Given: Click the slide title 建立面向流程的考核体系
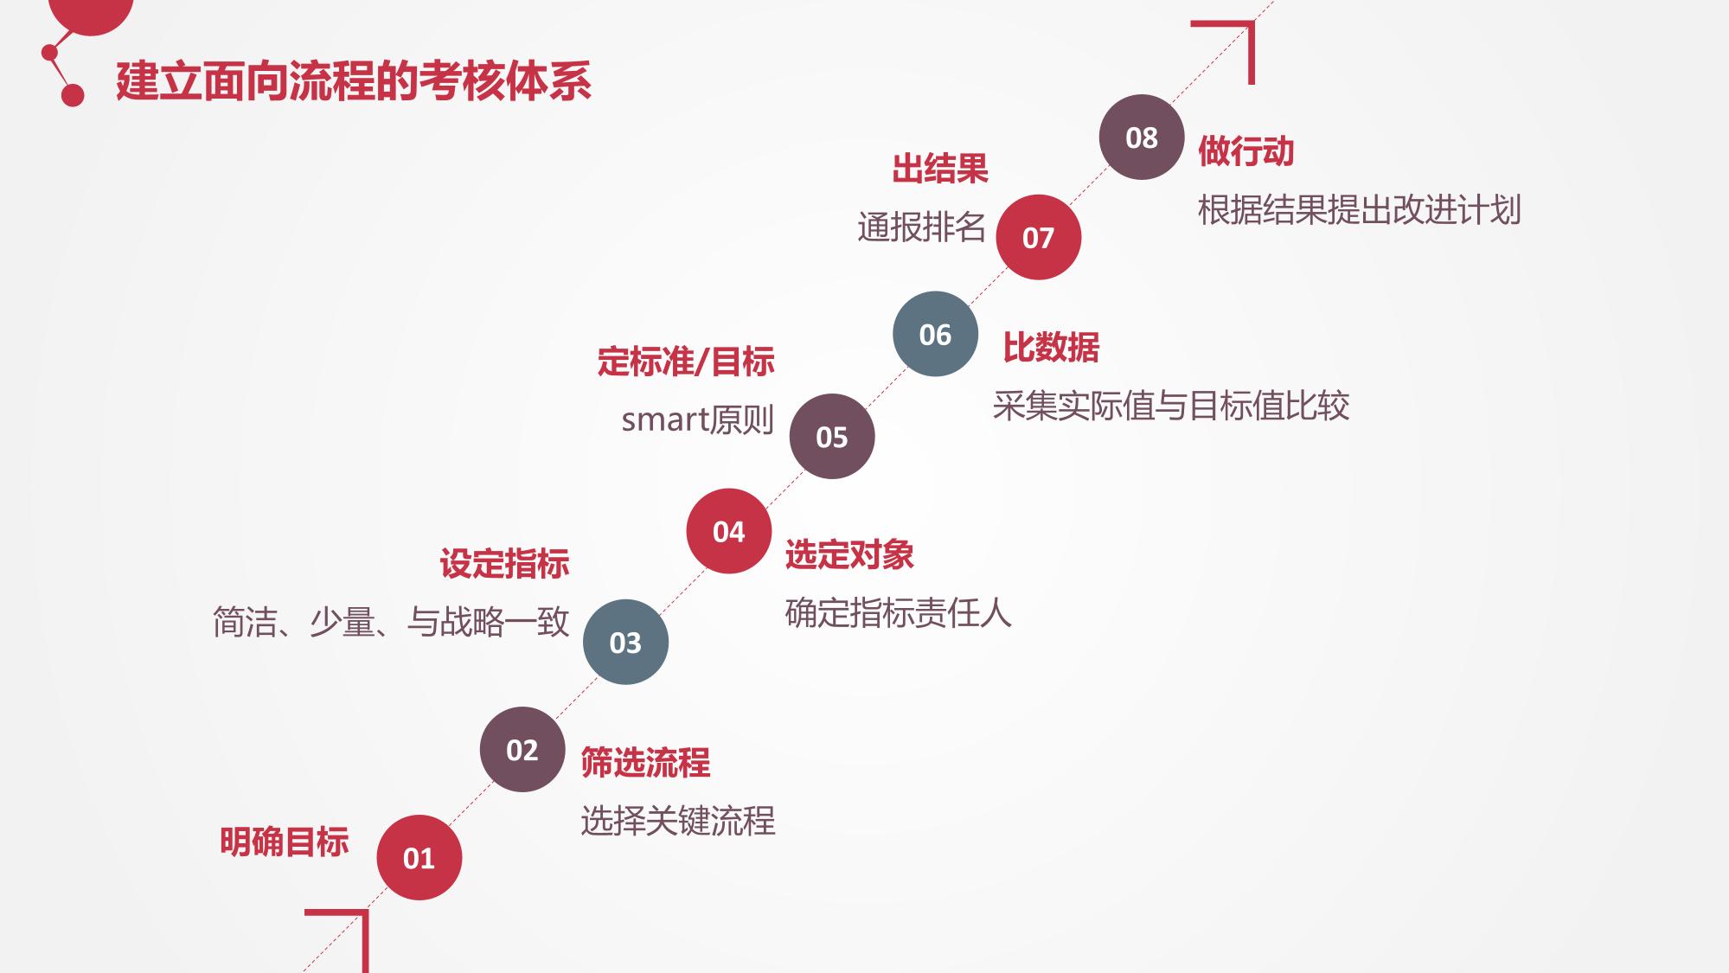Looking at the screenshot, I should (353, 82).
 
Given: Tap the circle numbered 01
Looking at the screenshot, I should (419, 857).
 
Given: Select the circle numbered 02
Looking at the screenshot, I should (522, 749).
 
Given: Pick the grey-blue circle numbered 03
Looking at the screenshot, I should (625, 642).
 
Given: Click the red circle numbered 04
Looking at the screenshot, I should (729, 531).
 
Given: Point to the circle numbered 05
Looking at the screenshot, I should (832, 436).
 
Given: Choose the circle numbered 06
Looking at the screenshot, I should (935, 334).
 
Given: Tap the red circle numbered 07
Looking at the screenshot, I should (1038, 237).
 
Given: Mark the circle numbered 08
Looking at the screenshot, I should (1142, 137).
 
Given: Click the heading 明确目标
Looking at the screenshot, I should (284, 842).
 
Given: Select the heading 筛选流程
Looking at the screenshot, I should (645, 763).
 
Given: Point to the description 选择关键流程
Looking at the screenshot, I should (678, 821).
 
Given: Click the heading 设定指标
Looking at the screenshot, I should (504, 564).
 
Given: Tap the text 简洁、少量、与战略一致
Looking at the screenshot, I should (391, 622).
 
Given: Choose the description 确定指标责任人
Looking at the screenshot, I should (898, 613).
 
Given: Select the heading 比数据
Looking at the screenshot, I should (1051, 348).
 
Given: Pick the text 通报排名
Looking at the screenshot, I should (921, 227).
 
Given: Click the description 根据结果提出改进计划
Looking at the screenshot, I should (1359, 210).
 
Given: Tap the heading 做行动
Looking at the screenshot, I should (1246, 151).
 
